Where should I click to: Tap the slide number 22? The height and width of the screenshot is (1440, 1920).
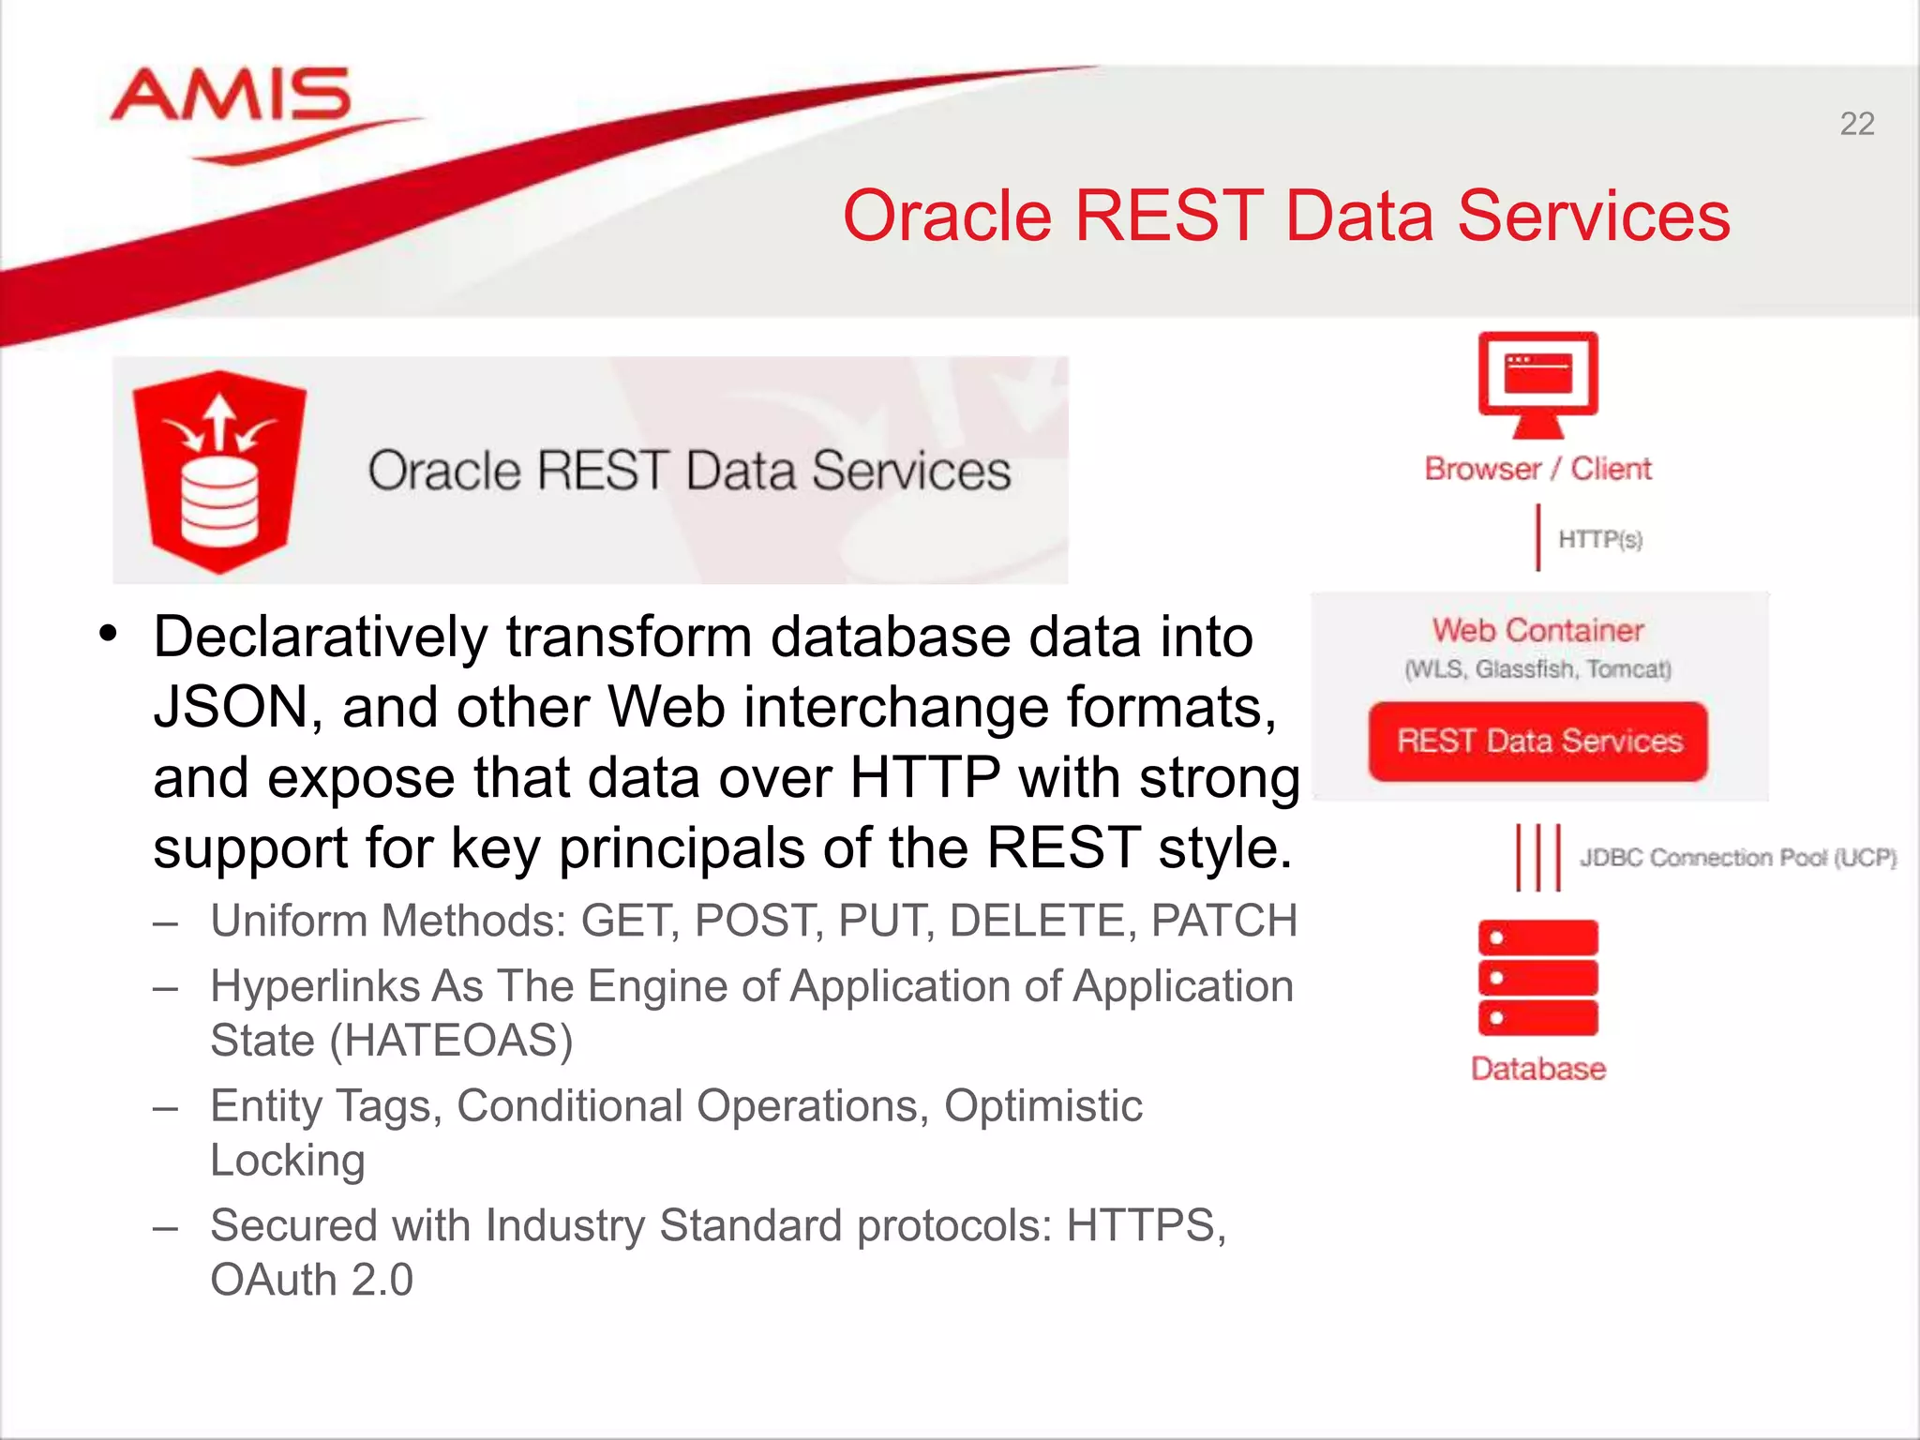pos(1856,124)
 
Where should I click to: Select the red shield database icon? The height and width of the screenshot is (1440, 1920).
pos(219,472)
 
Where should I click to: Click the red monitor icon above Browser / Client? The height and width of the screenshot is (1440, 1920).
pos(1537,382)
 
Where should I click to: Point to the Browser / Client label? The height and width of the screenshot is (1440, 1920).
pos(1537,469)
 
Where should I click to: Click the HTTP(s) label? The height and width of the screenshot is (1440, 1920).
pos(1599,539)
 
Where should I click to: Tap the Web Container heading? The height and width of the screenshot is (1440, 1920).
pos(1537,630)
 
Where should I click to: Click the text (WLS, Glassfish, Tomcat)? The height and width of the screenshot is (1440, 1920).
pos(1537,669)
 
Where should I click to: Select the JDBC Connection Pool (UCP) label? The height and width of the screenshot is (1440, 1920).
pos(1737,858)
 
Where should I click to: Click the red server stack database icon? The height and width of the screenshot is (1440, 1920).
pos(1537,978)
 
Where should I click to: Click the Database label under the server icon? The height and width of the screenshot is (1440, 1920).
pos(1537,1069)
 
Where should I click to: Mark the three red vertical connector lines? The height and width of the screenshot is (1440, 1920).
pos(1538,857)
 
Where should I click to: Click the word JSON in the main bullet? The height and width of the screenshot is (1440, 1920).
pos(231,708)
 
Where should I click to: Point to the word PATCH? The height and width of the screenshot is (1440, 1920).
pos(1223,921)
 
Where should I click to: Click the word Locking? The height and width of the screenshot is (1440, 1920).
pos(287,1161)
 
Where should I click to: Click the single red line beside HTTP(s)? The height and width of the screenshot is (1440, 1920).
pos(1537,537)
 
